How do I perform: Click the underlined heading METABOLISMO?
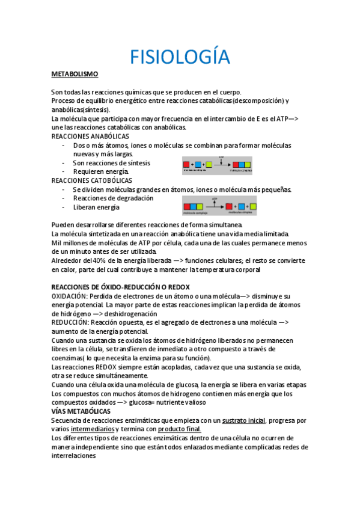point(75,74)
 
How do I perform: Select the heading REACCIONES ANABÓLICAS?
point(90,137)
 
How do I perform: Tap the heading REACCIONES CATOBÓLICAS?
point(92,180)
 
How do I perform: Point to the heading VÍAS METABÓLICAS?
point(81,411)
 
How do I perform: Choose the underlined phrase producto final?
point(179,429)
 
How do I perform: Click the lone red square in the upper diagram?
point(187,164)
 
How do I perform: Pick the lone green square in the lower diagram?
point(253,207)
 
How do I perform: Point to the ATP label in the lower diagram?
point(215,198)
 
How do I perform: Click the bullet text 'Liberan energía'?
point(96,207)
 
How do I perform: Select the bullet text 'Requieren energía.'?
point(100,172)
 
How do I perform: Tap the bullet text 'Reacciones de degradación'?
point(113,198)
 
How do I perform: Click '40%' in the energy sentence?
point(99,261)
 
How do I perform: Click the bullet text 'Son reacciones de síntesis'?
point(111,163)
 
